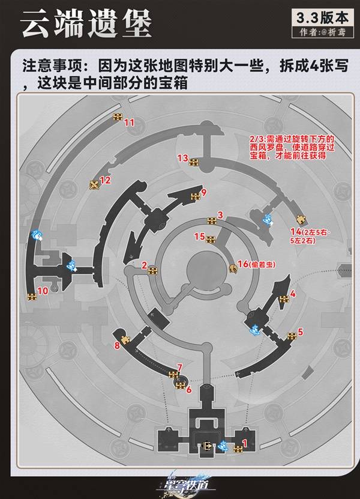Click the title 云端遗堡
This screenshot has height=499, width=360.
[x=87, y=26]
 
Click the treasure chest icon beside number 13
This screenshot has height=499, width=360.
[x=194, y=162]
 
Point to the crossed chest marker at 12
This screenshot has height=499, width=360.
[x=94, y=184]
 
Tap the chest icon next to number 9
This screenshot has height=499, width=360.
[x=195, y=196]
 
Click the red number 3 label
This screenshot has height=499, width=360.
[x=220, y=215]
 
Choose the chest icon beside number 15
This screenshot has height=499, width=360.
[x=210, y=240]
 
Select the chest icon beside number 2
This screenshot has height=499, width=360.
[x=153, y=270]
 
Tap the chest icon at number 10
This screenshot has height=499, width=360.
[x=31, y=296]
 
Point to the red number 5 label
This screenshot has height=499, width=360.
[x=301, y=331]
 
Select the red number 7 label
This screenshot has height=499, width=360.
[x=179, y=367]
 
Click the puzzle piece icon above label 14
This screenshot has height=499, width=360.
[x=301, y=218]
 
